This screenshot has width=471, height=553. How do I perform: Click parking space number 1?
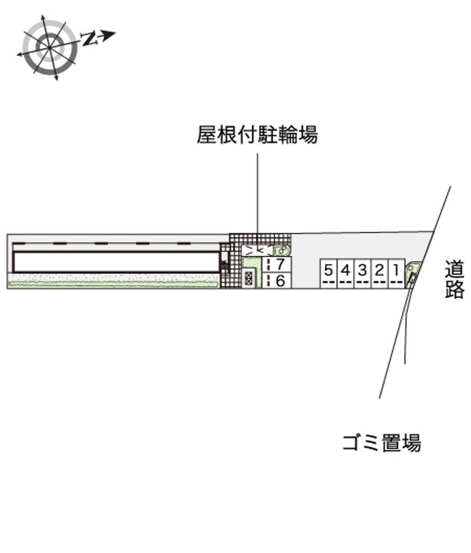397,274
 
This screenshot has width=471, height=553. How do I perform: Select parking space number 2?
380,274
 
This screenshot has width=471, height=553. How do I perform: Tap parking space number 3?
363,274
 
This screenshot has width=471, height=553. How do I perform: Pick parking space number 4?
346,274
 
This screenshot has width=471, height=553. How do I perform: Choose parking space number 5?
329,274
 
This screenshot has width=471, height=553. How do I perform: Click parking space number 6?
277,281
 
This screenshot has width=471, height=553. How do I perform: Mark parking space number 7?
277,265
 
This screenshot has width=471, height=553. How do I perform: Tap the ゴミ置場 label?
382,442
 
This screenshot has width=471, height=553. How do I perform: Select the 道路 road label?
454,279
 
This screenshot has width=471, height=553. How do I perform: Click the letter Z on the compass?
89,38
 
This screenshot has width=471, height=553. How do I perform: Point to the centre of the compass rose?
49,47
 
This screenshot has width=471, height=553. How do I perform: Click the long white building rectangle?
116,262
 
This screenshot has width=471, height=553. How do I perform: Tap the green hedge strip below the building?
114,283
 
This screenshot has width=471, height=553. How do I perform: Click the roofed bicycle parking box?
257,251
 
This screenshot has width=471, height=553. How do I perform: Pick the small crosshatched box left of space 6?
248,278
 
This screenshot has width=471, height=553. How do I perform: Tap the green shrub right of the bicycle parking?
282,251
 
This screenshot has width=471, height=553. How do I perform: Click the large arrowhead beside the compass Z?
108,35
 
